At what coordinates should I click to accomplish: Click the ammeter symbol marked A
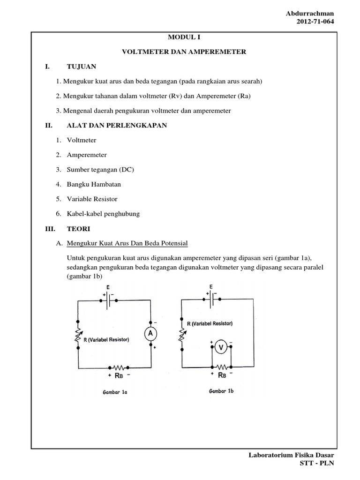click(151, 333)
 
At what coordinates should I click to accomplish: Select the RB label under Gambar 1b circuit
click(222, 375)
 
